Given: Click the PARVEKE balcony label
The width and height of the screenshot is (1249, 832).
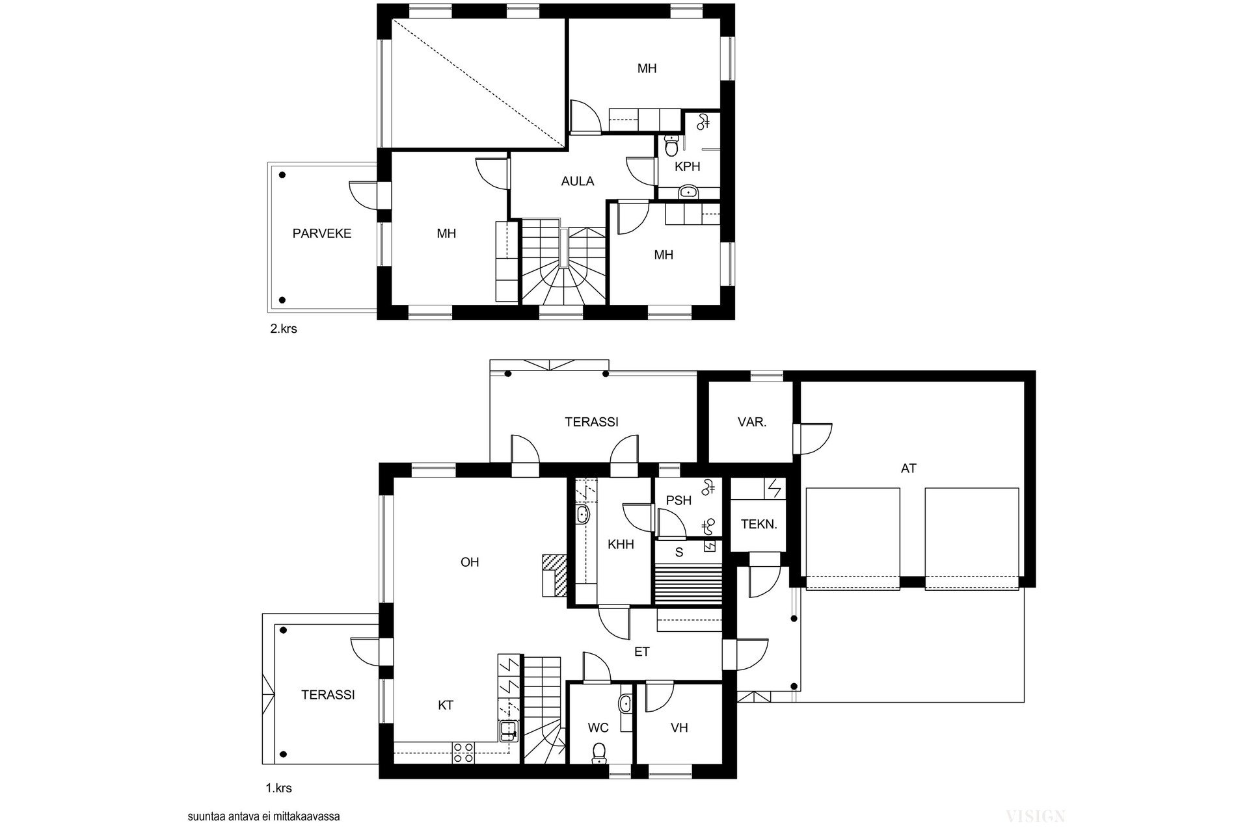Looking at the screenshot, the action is [x=322, y=233].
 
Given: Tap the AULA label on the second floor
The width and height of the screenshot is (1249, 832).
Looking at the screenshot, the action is [x=578, y=181].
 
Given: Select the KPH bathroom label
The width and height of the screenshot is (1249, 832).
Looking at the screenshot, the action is [x=688, y=166].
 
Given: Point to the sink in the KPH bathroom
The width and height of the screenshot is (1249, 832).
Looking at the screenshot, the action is [x=689, y=191].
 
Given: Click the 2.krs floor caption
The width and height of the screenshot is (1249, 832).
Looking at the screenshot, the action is [x=284, y=329].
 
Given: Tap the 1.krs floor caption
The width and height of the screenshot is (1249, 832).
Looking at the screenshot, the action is [x=278, y=788].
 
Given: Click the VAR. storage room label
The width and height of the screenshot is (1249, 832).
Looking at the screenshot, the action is [x=752, y=422].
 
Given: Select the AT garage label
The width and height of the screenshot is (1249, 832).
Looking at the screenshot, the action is [x=909, y=468].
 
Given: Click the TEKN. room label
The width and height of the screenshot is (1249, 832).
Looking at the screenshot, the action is [x=759, y=524].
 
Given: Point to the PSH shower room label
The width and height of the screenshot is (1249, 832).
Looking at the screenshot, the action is [x=678, y=500].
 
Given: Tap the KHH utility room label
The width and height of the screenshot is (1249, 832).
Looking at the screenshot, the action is [x=621, y=545].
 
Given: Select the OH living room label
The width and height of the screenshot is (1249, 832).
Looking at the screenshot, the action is [x=470, y=562].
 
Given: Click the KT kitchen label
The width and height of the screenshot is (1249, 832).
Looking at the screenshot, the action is [x=446, y=705].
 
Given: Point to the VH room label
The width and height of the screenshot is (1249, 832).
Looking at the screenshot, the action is [x=679, y=728].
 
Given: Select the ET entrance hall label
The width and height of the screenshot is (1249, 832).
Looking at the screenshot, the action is [x=642, y=652].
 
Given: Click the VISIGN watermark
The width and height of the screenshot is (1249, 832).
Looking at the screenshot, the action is [x=1035, y=816].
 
